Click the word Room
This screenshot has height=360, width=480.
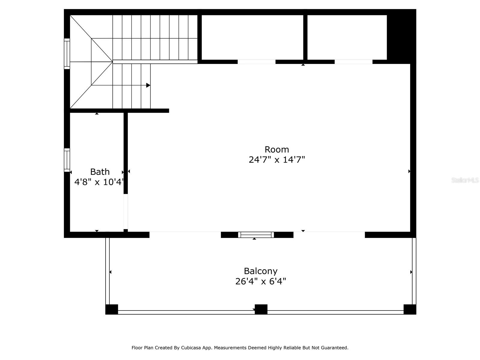coord(277,149)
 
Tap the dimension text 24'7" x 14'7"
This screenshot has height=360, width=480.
coord(277,160)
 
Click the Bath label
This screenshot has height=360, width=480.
coord(100,172)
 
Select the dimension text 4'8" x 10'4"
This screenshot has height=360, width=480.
coord(99,182)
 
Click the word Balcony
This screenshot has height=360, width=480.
coord(260,271)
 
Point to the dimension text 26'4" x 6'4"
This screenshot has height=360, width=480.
coord(260,281)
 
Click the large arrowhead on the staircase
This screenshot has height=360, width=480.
coord(148,85)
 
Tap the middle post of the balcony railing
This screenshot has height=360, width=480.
coord(261,309)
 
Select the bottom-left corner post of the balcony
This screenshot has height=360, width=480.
coord(112,309)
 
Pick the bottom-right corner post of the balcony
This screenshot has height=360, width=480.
coord(409,309)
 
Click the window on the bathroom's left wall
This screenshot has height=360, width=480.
coord(67,160)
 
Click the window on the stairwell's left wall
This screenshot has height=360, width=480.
coord(67,54)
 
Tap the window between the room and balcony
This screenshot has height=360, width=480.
coord(256,235)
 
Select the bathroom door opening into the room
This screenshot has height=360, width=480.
coord(126,211)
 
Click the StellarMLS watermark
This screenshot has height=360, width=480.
coord(465,180)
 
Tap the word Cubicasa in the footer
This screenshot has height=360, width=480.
coord(190,348)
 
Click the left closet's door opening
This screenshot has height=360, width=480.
coord(256,62)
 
